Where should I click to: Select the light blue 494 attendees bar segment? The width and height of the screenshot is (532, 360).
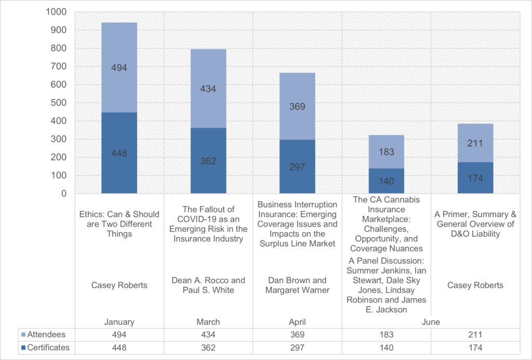tap(119, 68)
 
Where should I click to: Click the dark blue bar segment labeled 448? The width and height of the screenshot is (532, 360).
tap(119, 153)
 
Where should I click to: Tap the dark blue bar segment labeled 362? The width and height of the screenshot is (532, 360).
tap(208, 161)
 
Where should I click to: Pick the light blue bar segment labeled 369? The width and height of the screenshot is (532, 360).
tap(297, 106)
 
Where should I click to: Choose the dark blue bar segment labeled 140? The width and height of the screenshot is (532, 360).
tap(387, 181)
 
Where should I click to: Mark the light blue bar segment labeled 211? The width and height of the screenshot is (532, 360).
tap(475, 143)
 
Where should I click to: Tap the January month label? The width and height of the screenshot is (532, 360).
tap(119, 322)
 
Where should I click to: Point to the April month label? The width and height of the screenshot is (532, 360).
tap(297, 322)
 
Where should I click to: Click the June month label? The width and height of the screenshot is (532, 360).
tap(431, 322)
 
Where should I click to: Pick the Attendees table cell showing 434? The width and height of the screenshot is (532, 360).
tap(208, 335)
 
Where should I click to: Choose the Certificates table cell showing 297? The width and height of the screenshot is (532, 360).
tap(297, 348)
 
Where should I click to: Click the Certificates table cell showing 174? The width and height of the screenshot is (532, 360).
tap(475, 348)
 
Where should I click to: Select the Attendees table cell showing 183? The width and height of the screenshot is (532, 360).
tap(387, 335)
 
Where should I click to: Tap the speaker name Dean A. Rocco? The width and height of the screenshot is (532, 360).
tap(208, 281)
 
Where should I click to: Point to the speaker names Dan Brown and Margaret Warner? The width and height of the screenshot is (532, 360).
tap(297, 285)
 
